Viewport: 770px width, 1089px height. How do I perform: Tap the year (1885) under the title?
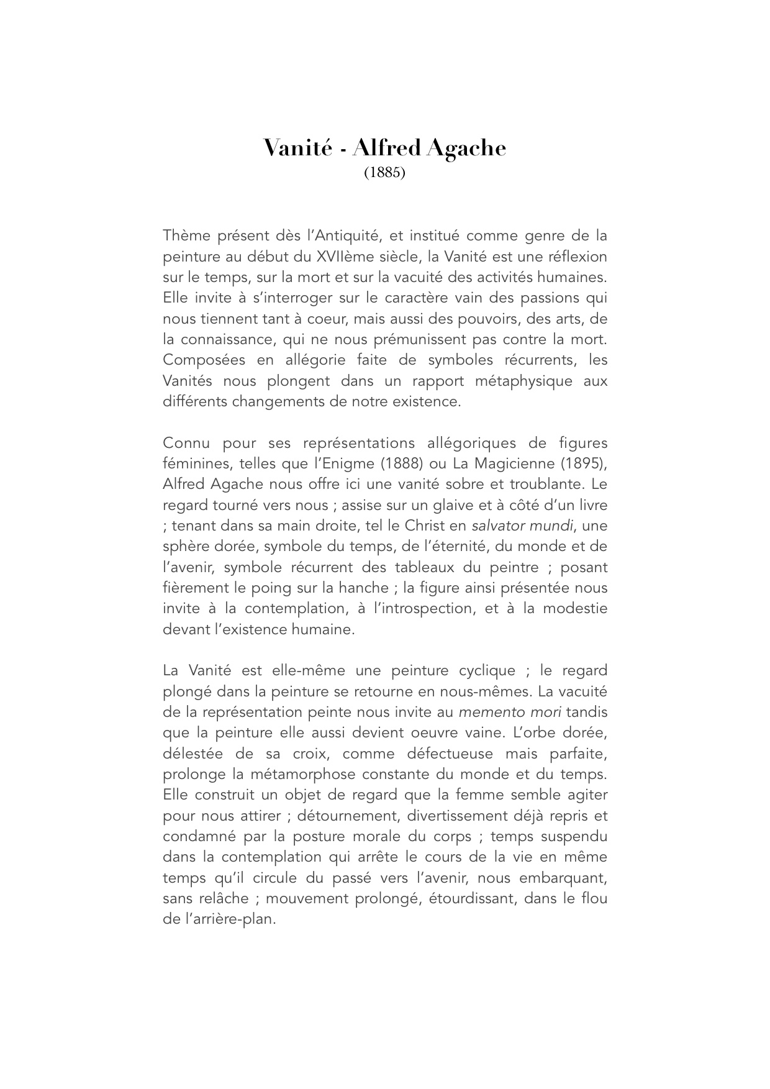pos(384,173)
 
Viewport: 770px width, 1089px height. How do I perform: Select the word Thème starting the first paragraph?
pos(186,236)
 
